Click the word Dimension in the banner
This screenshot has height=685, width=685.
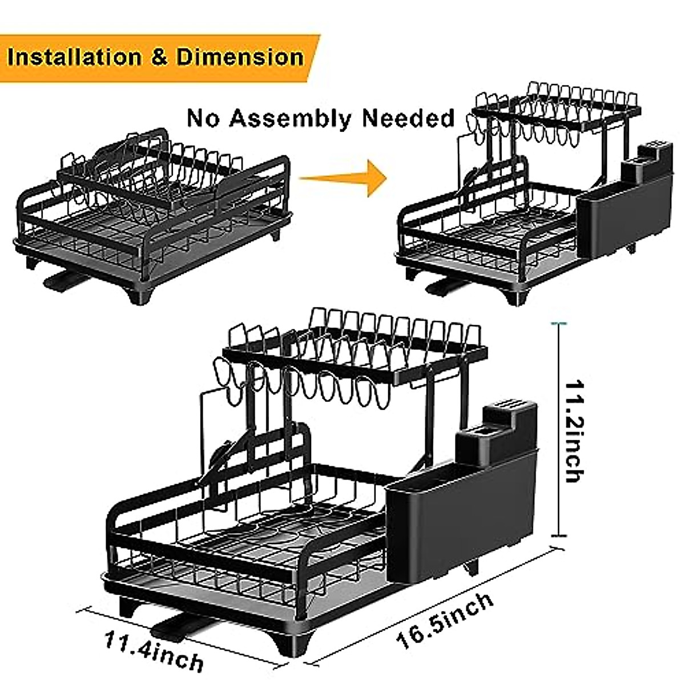[x=240, y=58]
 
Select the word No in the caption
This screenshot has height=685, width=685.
[x=203, y=118]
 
